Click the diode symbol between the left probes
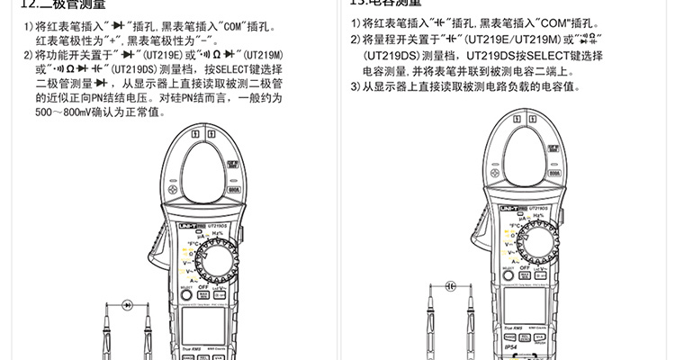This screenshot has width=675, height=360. click(129, 305)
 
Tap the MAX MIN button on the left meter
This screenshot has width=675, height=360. click(204, 294)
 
